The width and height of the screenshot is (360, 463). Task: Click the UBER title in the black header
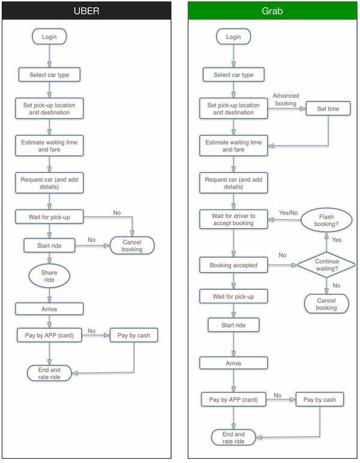click(x=86, y=11)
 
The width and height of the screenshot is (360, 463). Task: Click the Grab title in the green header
click(x=272, y=11)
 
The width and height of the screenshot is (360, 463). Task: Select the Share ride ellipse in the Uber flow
click(x=49, y=276)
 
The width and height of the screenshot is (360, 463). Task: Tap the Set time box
click(x=328, y=109)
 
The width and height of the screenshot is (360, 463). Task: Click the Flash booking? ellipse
click(x=326, y=220)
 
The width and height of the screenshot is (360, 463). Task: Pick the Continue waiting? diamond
click(x=326, y=265)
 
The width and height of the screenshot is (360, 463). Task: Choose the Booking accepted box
click(x=233, y=265)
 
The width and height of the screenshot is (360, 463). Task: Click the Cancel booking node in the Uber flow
click(x=132, y=246)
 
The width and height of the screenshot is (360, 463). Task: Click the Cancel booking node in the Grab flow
click(x=326, y=304)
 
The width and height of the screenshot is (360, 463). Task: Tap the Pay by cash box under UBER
click(x=134, y=335)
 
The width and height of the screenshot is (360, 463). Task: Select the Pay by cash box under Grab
click(x=320, y=399)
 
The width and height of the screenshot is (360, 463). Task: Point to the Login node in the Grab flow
click(x=233, y=37)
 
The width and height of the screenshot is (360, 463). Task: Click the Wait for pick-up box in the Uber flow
click(x=49, y=217)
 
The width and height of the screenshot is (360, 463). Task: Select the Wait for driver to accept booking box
click(x=233, y=219)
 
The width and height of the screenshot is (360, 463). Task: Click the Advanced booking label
click(x=286, y=100)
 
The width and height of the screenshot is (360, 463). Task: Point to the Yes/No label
click(x=288, y=213)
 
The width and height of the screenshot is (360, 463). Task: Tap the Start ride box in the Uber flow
click(x=49, y=246)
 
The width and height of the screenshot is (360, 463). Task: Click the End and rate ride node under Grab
click(x=233, y=438)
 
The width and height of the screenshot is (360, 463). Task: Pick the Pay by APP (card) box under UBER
click(x=49, y=335)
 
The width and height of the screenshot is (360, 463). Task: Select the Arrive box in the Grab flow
click(x=233, y=363)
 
